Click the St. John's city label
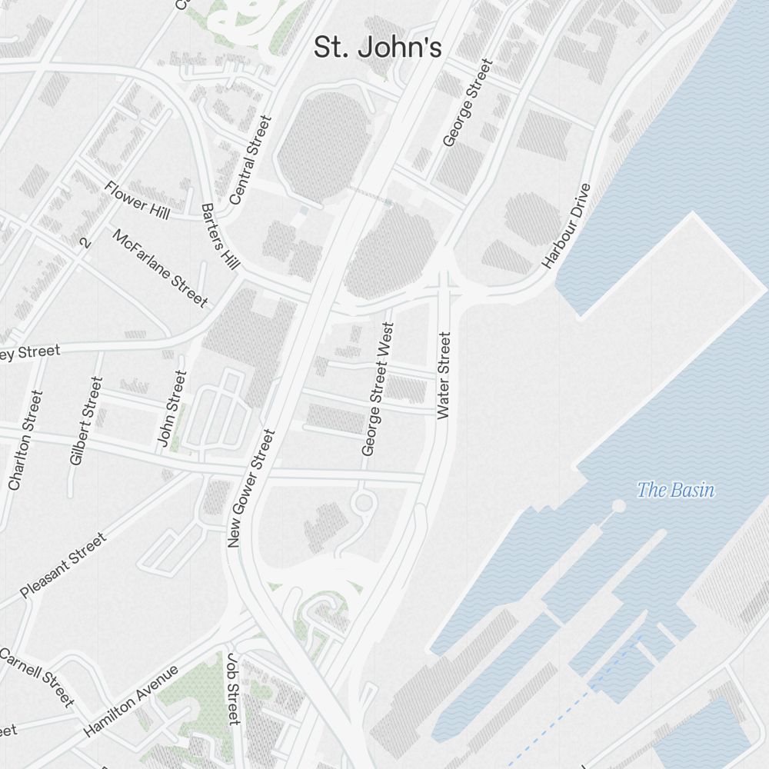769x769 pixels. [378, 48]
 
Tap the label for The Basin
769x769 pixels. [675, 490]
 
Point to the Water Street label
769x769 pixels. [444, 375]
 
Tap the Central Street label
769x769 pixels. [251, 160]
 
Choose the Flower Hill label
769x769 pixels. [137, 199]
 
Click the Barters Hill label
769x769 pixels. [220, 236]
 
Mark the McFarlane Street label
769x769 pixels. [160, 267]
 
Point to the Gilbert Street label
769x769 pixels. [85, 420]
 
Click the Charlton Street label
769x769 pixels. [25, 439]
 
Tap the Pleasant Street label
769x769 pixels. [63, 565]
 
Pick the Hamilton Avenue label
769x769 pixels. [131, 701]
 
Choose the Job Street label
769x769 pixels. [233, 688]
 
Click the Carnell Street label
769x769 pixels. [37, 677]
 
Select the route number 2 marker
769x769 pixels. [85, 243]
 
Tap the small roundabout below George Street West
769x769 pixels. [364, 504]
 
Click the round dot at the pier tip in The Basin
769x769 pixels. [618, 505]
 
